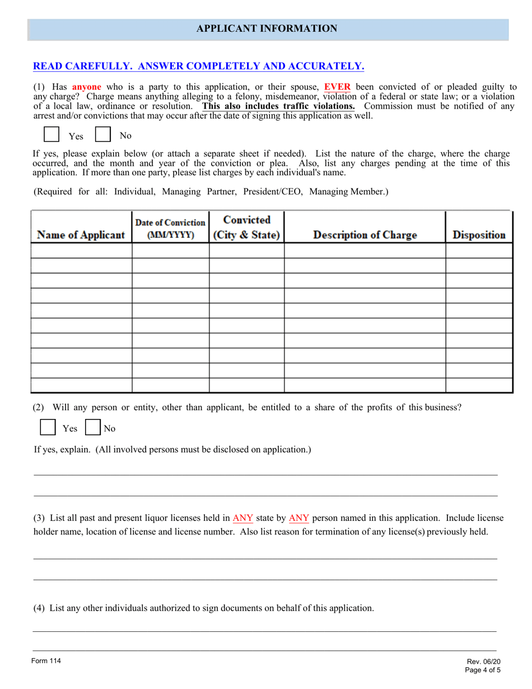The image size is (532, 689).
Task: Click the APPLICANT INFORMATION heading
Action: [x=267, y=29]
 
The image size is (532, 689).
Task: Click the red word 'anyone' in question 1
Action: [x=87, y=87]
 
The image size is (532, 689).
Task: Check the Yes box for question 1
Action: [x=51, y=134]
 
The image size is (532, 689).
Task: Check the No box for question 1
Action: [x=102, y=134]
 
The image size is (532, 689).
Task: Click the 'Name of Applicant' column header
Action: [x=81, y=235]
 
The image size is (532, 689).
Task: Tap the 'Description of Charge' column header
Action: [x=365, y=235]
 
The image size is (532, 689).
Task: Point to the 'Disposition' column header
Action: [x=479, y=235]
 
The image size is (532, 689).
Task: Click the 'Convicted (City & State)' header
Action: [x=246, y=227]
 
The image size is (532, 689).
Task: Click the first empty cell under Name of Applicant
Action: [x=81, y=250]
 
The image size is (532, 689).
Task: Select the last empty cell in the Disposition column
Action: [x=479, y=385]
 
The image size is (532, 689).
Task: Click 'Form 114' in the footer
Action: [x=46, y=661]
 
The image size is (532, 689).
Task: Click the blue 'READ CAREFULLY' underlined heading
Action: [x=199, y=66]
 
